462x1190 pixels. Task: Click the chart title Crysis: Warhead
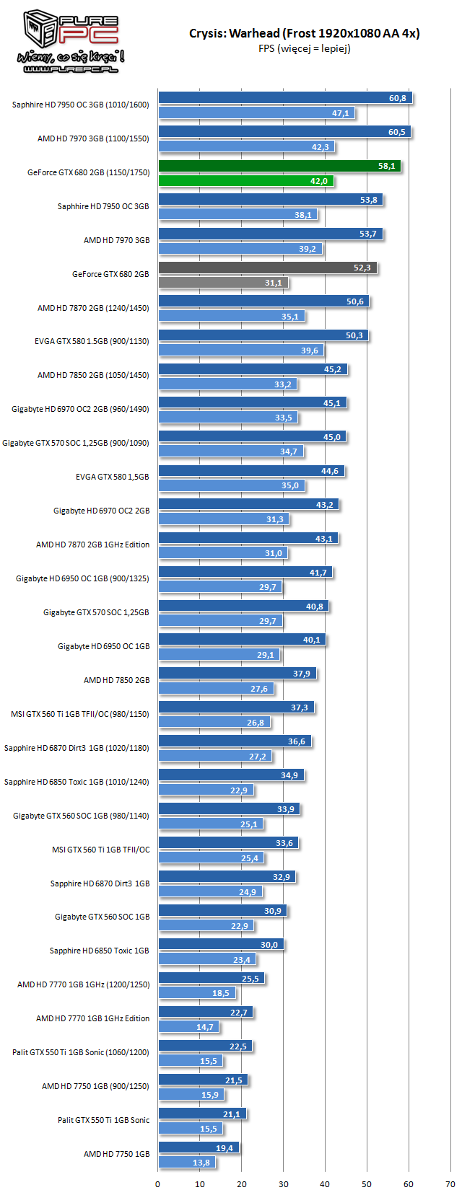(x=304, y=33)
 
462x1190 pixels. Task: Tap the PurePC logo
(x=71, y=42)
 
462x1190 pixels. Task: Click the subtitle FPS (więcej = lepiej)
(x=304, y=49)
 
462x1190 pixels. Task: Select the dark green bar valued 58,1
(x=279, y=166)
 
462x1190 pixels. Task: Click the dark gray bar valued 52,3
(x=267, y=268)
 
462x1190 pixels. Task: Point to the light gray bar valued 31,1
(x=222, y=283)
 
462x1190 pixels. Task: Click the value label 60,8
(x=397, y=98)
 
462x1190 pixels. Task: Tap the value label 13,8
(x=201, y=1163)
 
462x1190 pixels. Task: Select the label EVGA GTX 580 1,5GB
(x=112, y=477)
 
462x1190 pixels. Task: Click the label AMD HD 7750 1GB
(x=116, y=1154)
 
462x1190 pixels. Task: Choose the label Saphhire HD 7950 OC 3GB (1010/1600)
(x=80, y=105)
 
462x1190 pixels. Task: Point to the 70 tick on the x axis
(x=450, y=1184)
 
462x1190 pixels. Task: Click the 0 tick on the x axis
(x=158, y=1184)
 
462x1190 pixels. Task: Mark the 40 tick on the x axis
(x=325, y=1184)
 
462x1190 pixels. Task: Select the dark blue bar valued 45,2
(x=253, y=369)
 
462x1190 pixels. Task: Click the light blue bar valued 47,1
(x=256, y=113)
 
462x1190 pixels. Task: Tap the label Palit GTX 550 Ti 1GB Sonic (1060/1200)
(x=81, y=1052)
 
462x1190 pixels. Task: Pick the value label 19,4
(x=225, y=1147)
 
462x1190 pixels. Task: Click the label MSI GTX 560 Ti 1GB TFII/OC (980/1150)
(x=79, y=714)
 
